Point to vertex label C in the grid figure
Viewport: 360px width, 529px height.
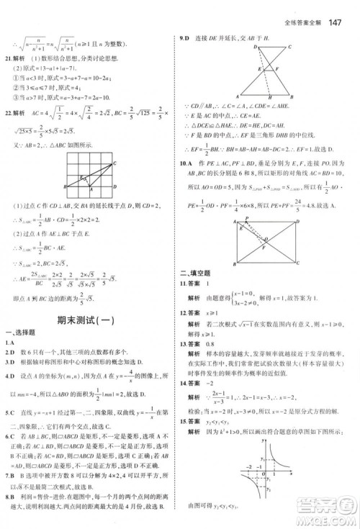(x=114, y=163)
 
